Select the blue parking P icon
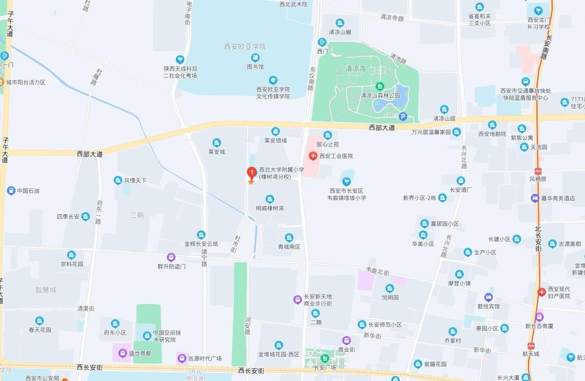403,117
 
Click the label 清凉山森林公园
380,95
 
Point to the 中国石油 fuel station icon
11,191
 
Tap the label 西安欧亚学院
245,47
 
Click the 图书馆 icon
255,58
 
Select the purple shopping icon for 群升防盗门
171,257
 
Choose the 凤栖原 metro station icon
538,171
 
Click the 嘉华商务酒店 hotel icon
535,198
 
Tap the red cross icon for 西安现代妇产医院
542,292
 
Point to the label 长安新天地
317,296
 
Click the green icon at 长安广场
323,359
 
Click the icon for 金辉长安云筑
201,235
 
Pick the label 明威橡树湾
270,208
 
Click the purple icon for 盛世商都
122,353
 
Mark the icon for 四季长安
85,217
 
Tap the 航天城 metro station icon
531,346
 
